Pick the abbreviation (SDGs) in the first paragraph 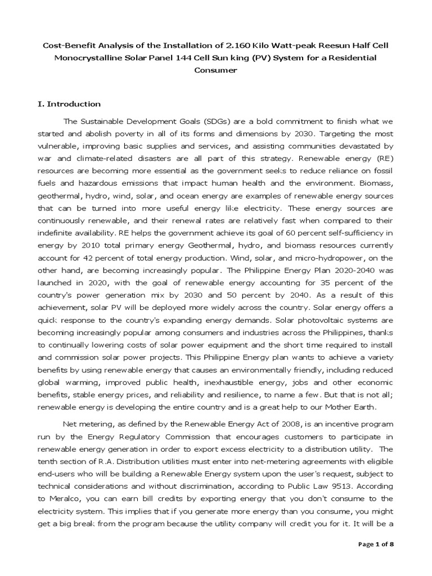[x=198, y=121]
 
